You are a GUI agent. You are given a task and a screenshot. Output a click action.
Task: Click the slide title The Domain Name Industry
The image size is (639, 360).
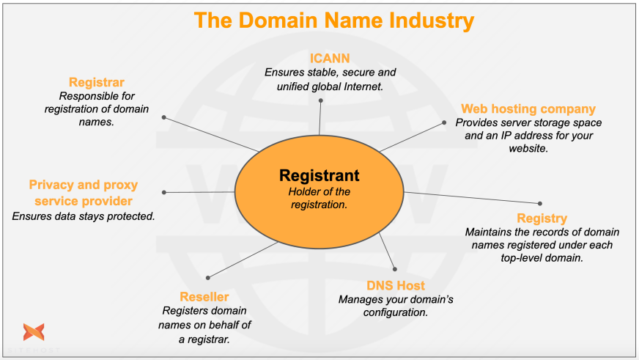[333, 21]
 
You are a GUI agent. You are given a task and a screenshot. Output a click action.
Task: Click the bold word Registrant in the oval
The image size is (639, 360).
[319, 176]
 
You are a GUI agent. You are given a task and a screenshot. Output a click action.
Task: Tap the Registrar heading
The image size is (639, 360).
[97, 82]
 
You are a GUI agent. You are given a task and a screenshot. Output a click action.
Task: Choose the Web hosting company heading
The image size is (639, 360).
[528, 109]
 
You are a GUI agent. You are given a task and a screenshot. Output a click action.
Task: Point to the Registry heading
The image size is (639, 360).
[542, 218]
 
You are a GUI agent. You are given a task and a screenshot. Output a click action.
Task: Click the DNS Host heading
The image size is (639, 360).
[395, 285]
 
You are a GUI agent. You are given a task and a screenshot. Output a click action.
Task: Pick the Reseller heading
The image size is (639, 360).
[204, 297]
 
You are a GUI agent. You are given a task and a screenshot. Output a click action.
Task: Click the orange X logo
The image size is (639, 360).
[33, 332]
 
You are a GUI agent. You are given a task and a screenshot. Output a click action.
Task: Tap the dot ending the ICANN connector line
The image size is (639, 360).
[321, 100]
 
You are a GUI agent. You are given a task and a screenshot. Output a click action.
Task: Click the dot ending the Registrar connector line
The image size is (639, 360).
[163, 117]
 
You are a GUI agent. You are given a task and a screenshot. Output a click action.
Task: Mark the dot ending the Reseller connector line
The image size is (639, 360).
[208, 277]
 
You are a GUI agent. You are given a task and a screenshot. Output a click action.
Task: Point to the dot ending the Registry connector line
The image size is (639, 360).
[540, 203]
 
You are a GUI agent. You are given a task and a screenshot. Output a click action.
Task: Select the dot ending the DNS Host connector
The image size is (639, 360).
[394, 269]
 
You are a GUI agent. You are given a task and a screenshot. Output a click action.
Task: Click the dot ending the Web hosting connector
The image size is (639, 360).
[444, 122]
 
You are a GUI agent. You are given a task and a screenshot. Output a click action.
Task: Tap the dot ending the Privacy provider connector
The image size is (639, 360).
[163, 193]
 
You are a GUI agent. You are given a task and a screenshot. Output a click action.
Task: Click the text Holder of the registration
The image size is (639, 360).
[319, 198]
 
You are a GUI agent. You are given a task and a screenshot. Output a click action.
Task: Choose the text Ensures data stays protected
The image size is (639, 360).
[83, 216]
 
